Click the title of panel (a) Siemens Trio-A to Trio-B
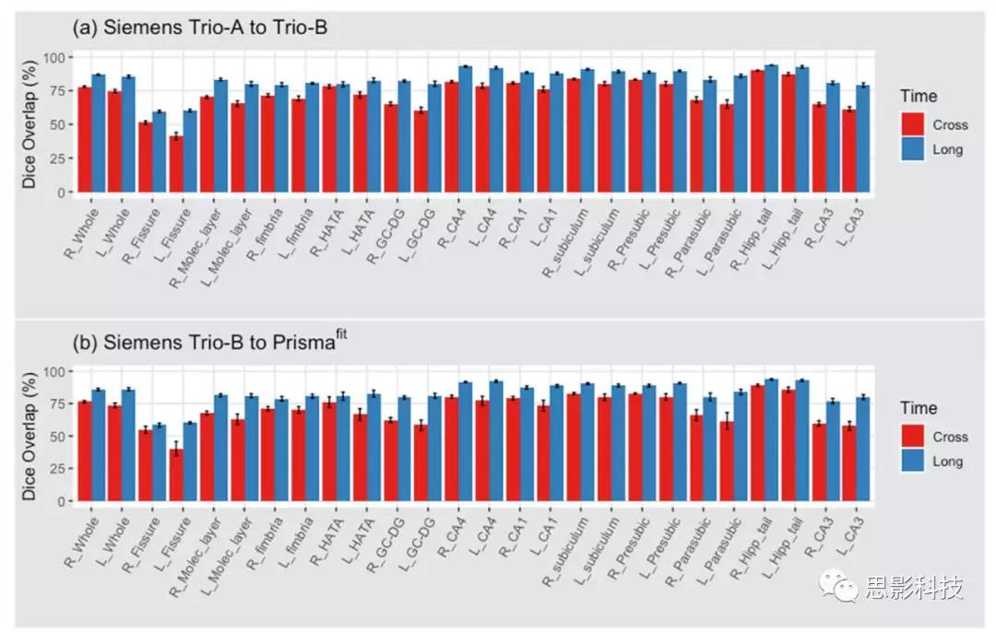pos(200,29)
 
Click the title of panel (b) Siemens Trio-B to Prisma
pos(209,343)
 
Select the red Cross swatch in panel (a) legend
pos(913,124)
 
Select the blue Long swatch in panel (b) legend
pos(913,462)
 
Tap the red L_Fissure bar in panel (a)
pos(175,165)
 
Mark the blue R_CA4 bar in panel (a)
pos(466,130)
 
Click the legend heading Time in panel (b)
pos(919,408)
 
